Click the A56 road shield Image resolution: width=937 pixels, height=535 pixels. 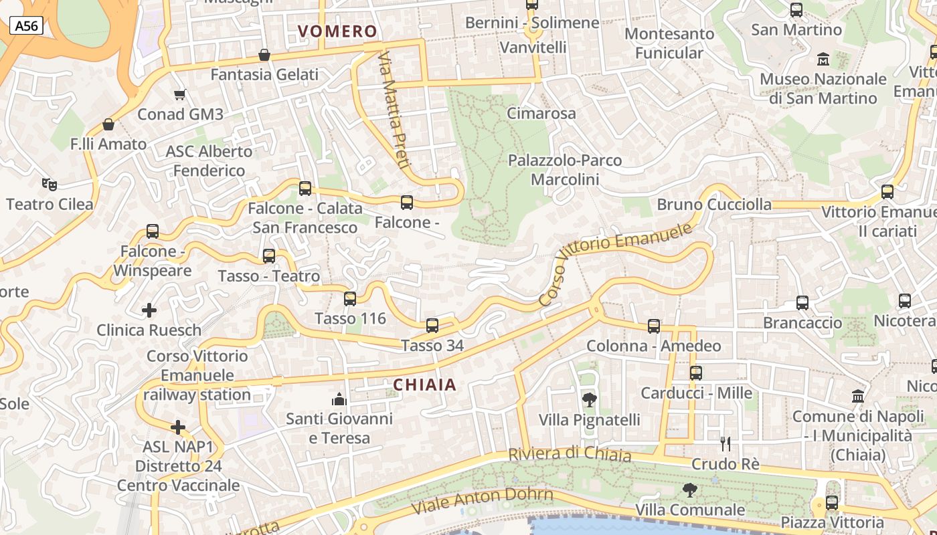point(27,26)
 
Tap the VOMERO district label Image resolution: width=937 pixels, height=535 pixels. point(337,31)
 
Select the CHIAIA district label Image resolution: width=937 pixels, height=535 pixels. point(424,385)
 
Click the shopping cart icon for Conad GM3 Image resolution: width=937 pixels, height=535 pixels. point(179,94)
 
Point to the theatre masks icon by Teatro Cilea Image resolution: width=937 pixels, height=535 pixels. point(48,184)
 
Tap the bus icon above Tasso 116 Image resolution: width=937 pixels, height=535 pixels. point(350,298)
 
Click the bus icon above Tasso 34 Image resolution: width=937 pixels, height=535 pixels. point(432,326)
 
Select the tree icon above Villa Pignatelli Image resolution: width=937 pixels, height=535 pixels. point(589,400)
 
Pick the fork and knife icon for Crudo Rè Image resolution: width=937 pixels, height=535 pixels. point(725,443)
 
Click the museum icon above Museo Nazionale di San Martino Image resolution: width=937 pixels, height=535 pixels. point(823,60)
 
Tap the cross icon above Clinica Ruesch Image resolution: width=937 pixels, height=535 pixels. point(149,310)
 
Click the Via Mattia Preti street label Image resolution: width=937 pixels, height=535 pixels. point(394,110)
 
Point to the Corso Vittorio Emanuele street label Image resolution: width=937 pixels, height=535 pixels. point(614,264)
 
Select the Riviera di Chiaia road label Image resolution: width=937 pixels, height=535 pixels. point(570,454)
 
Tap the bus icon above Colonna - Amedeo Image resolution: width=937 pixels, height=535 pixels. point(654,326)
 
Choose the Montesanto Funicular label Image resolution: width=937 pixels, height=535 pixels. point(669,43)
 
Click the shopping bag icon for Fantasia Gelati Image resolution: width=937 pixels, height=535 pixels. point(264,55)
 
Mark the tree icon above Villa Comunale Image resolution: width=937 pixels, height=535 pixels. point(689,490)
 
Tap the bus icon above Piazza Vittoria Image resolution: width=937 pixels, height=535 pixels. point(832,502)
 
